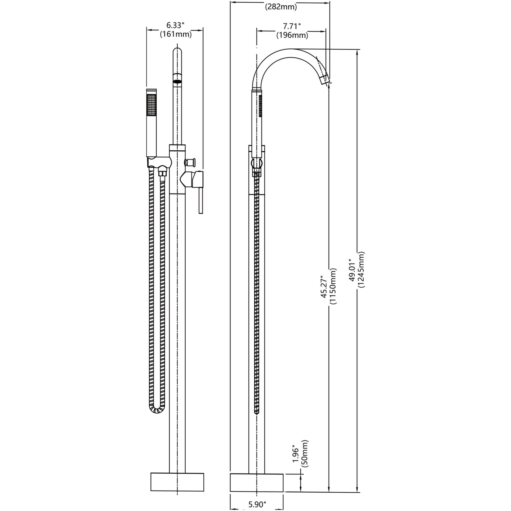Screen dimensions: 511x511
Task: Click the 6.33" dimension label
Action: (175, 25)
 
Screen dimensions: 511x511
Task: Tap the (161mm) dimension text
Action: (176, 34)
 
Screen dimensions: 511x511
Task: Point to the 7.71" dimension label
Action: (292, 26)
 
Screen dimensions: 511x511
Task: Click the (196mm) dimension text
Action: (292, 35)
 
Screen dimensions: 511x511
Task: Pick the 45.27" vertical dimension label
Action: (324, 286)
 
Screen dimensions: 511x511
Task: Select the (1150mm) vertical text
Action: (333, 286)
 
